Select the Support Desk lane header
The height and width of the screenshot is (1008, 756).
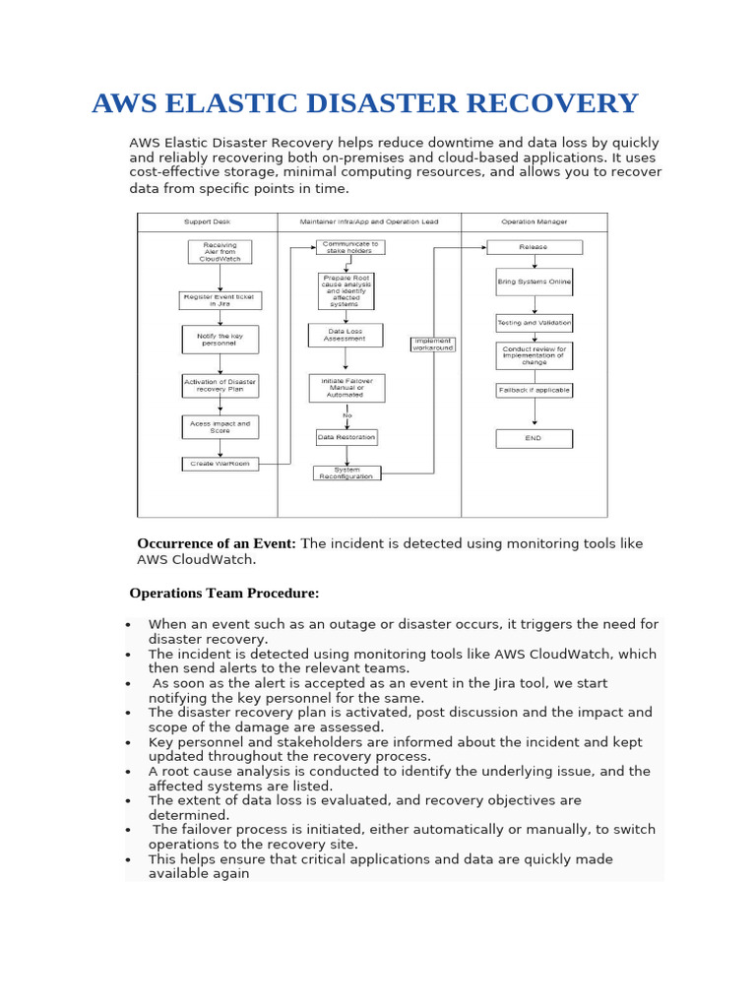[207, 222]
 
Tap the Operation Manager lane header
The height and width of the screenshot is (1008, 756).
[534, 222]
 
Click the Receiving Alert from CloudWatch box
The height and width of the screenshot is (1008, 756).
[220, 252]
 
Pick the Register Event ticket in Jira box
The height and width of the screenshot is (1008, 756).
[220, 300]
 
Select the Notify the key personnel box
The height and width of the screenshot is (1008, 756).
[220, 340]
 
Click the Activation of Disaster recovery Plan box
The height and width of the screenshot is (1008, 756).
[220, 385]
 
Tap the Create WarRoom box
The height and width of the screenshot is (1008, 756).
[220, 464]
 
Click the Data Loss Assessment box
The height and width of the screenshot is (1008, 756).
[346, 335]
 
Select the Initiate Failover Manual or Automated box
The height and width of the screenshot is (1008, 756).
[346, 388]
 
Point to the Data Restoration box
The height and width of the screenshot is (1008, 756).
[346, 437]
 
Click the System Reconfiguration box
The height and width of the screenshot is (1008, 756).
[346, 473]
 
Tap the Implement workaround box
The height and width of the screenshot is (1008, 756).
[433, 345]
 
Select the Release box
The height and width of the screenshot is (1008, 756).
[535, 247]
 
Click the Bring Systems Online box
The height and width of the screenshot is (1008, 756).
[535, 282]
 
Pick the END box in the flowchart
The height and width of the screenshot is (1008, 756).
[535, 438]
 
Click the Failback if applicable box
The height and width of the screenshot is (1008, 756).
[535, 390]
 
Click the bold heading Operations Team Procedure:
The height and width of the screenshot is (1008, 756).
[224, 594]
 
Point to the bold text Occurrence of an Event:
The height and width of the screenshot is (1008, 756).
[217, 543]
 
